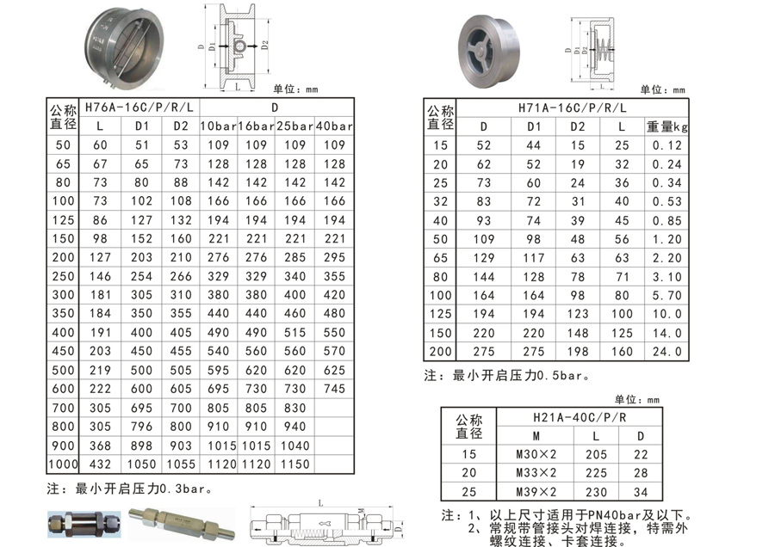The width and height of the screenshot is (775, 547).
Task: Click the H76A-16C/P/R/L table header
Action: (x=139, y=108)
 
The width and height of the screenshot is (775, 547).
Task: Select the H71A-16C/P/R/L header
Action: (x=573, y=108)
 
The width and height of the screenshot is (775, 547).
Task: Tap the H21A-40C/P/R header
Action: (x=580, y=418)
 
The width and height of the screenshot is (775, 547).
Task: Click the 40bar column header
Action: (x=334, y=126)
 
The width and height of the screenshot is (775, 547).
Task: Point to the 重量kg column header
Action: (x=666, y=127)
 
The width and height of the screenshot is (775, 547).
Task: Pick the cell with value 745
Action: (x=334, y=389)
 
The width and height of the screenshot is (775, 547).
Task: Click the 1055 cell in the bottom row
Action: (x=181, y=464)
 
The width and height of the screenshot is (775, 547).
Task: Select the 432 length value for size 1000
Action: (x=100, y=464)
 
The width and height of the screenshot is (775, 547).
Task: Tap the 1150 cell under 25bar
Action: (x=294, y=464)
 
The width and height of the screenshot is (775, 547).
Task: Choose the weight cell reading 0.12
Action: (x=666, y=145)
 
